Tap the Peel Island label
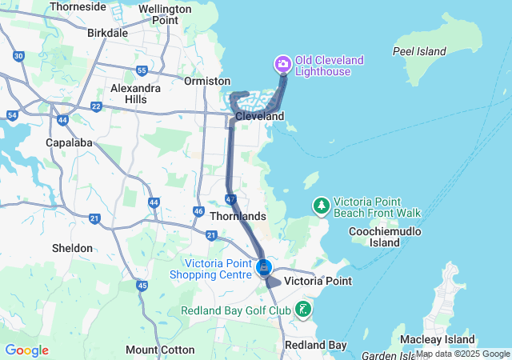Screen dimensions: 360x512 tap(419, 51)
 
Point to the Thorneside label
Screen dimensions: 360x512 tap(77, 6)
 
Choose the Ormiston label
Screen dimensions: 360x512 tap(206, 81)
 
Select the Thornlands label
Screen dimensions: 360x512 tap(237, 216)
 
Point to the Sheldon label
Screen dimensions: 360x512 tap(72, 248)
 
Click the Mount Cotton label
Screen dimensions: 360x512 tap(160, 350)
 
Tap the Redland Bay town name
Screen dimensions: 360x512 tap(316, 345)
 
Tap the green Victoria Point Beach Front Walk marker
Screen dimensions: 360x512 tap(321, 206)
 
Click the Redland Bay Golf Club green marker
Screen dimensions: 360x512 tap(303, 309)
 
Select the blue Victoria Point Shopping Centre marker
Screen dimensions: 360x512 tap(265, 267)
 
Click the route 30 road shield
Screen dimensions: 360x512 tap(18, 56)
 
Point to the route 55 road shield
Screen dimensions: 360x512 tap(142, 70)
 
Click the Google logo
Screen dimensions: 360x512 tap(26, 350)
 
